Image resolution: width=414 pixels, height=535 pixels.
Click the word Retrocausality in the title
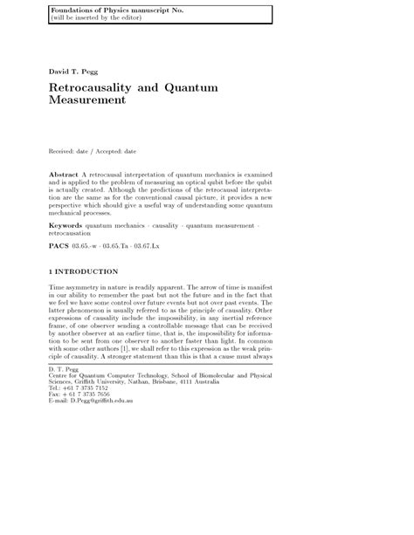[x=97, y=87]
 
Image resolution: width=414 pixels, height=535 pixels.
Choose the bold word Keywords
[x=66, y=225]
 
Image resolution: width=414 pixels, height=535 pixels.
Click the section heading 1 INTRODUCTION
[x=84, y=271]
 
